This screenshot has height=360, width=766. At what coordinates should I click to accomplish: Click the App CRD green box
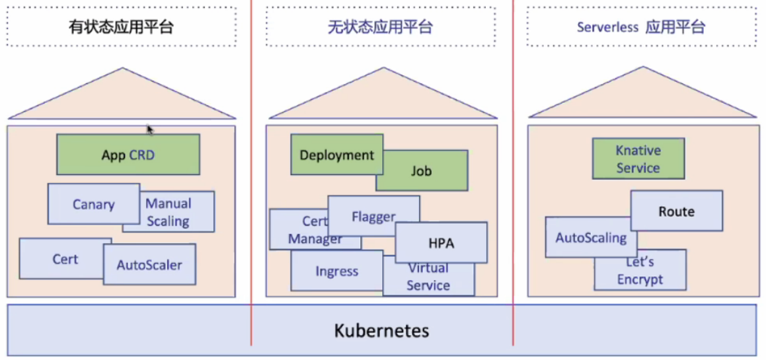128,155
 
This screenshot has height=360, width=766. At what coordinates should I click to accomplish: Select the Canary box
93,204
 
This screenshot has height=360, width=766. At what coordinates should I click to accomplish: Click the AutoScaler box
149,265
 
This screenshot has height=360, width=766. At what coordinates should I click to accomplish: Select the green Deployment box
336,155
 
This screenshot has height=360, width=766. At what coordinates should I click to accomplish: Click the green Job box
422,171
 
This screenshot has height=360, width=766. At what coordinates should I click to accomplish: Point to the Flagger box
373,216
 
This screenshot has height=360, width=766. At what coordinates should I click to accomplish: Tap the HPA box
441,243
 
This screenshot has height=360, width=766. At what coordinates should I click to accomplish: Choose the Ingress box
336,271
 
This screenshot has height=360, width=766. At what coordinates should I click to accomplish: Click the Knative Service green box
638,159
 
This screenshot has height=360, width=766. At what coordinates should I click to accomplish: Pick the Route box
676,211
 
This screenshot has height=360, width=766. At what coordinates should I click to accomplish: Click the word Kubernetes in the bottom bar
382,330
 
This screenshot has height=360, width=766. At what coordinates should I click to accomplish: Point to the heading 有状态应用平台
122,27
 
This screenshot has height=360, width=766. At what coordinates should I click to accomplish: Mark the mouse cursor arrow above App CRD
150,129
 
